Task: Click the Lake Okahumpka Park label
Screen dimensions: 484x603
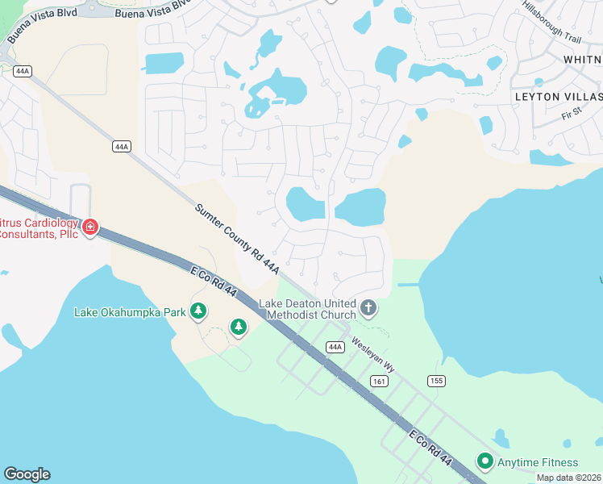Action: coord(129,312)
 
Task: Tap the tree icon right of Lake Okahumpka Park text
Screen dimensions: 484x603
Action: coord(198,311)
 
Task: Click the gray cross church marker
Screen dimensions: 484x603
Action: coord(368,307)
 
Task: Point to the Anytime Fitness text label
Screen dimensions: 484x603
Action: coord(538,462)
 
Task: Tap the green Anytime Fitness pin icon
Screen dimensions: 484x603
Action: coord(485,461)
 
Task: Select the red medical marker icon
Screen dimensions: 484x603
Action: coord(90,227)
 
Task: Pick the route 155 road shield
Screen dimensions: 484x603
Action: coord(436,381)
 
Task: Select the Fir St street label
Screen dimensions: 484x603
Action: coord(572,115)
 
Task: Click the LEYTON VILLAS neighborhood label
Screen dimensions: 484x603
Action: coord(558,96)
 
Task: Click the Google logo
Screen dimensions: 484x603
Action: coord(27,474)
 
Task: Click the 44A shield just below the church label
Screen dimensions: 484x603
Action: coord(335,347)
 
